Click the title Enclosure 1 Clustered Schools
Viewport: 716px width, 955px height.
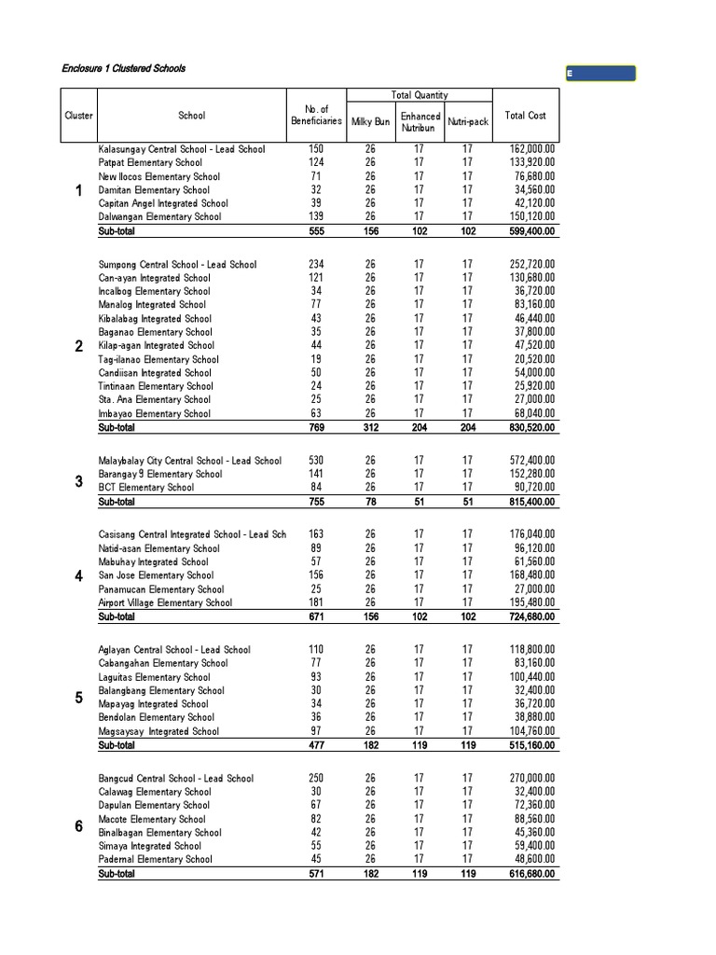pyautogui.click(x=123, y=68)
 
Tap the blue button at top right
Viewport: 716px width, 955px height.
pyautogui.click(x=600, y=74)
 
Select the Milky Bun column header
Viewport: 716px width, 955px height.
pyautogui.click(x=370, y=122)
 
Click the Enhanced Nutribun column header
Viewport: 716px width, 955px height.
pyautogui.click(x=420, y=122)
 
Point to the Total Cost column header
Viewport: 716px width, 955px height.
pyautogui.click(x=525, y=116)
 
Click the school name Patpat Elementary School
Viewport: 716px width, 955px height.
pyautogui.click(x=149, y=162)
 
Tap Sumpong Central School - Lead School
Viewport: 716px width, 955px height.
pyautogui.click(x=177, y=265)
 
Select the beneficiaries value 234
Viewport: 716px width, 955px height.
pyautogui.click(x=316, y=265)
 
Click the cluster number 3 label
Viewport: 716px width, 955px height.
pyautogui.click(x=79, y=481)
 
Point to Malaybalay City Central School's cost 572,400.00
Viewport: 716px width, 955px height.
pyautogui.click(x=532, y=461)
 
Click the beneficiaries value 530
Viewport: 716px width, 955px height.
pyautogui.click(x=316, y=461)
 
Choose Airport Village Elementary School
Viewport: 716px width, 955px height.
pyautogui.click(x=165, y=603)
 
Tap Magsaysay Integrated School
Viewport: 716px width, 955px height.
pyautogui.click(x=158, y=732)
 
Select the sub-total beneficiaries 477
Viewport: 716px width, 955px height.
pyautogui.click(x=316, y=746)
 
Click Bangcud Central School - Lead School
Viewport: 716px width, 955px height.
pyautogui.click(x=175, y=779)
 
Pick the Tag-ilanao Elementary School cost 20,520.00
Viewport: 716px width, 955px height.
pyautogui.click(x=535, y=359)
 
